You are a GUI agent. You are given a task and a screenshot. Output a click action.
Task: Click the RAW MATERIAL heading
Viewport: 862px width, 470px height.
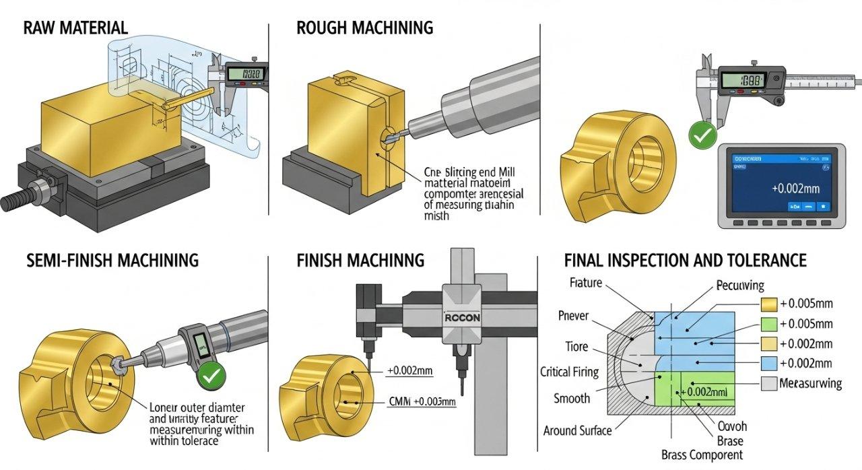75,28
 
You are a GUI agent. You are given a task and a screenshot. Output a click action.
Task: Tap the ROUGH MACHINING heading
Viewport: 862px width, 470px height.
364,28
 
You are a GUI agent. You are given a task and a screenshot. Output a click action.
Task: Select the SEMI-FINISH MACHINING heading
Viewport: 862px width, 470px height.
111,260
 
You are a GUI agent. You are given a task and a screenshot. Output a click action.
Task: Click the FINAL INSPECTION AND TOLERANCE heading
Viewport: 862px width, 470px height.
685,260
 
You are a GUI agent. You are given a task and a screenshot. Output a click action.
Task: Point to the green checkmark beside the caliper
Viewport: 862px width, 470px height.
702,137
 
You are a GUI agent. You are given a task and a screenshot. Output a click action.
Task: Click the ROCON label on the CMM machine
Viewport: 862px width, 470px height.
461,318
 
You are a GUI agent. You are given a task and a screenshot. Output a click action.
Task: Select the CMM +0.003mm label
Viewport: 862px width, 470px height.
422,402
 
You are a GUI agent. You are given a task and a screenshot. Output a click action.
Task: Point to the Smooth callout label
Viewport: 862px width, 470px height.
572,398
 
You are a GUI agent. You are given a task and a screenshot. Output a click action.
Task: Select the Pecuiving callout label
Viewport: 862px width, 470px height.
739,286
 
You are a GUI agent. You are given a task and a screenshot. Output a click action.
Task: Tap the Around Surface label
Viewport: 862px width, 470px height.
578,430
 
